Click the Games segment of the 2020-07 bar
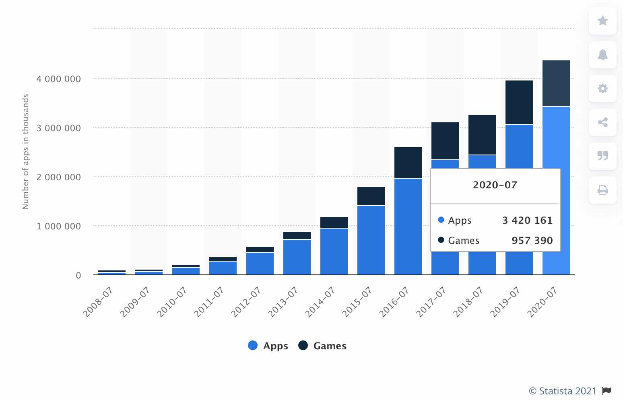pyautogui.click(x=556, y=83)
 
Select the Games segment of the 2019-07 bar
pyautogui.click(x=519, y=102)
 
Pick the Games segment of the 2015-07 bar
pyautogui.click(x=371, y=196)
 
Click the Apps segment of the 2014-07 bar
pyautogui.click(x=334, y=251)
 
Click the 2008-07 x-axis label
pyautogui.click(x=98, y=301)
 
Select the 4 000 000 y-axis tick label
pyautogui.click(x=59, y=79)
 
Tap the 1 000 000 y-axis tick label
pyautogui.click(x=59, y=226)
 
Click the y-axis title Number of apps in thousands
pyautogui.click(x=26, y=152)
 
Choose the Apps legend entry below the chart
pyautogui.click(x=268, y=346)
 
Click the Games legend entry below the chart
pyautogui.click(x=322, y=346)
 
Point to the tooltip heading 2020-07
pyautogui.click(x=495, y=185)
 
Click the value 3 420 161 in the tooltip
pyautogui.click(x=527, y=220)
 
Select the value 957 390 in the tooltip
pyautogui.click(x=532, y=240)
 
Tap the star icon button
pyautogui.click(x=602, y=21)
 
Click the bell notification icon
pyautogui.click(x=602, y=54)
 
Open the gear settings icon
pyautogui.click(x=602, y=88)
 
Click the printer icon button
pyautogui.click(x=602, y=190)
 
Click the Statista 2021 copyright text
pyautogui.click(x=563, y=391)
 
